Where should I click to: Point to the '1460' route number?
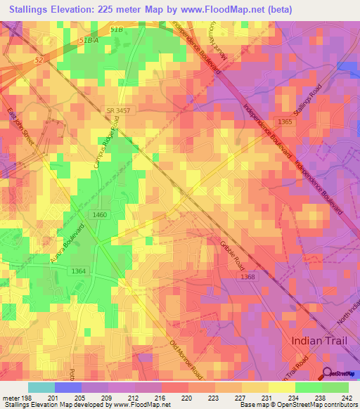[x=99, y=214]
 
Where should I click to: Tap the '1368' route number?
[x=247, y=277]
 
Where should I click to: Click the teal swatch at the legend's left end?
[x=41, y=387]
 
